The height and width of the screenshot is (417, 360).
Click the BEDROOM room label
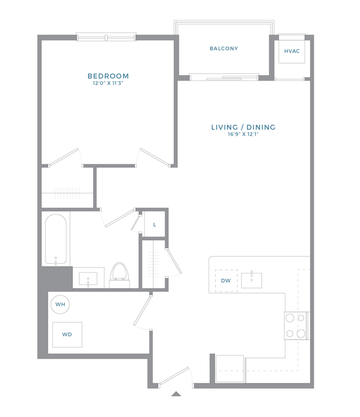pos(108,76)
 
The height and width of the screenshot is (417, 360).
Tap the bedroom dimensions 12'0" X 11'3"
pos(108,83)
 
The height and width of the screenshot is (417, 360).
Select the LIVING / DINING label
pos(243,128)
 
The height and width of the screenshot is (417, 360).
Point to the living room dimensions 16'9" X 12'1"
pos(243,134)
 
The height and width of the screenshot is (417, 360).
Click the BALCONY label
pos(224,49)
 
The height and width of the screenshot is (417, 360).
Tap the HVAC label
pos(292,51)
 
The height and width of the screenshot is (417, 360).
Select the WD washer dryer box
pos(67,334)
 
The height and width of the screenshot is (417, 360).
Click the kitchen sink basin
pos(252,280)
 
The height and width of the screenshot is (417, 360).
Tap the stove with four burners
pos(296,325)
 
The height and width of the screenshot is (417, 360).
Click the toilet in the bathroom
pos(120,275)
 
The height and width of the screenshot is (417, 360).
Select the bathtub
pos(55,240)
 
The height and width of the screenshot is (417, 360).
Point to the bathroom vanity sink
pos(88,278)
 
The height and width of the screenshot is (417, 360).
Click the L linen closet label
pos(154,225)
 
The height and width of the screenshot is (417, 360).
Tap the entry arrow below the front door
pos(176,394)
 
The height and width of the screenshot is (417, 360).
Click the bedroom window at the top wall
pos(106,37)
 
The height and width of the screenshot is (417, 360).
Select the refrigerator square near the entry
pos(230,368)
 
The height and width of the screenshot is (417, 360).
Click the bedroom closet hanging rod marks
pos(67,193)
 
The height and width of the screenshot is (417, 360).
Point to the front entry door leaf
pos(174,376)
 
